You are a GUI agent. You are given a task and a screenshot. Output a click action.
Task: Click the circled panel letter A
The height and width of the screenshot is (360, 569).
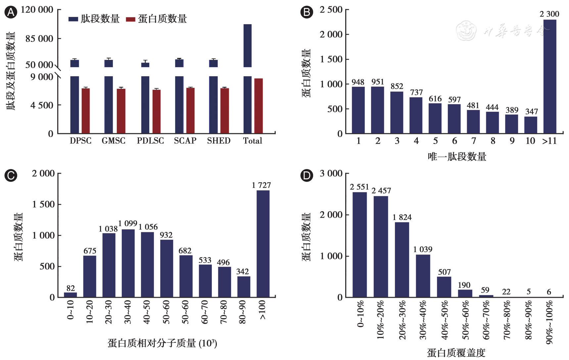(x=11, y=13)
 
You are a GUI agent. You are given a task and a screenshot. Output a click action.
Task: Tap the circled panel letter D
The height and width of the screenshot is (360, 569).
(x=307, y=175)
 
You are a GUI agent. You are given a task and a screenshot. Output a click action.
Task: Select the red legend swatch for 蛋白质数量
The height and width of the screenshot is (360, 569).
(x=131, y=19)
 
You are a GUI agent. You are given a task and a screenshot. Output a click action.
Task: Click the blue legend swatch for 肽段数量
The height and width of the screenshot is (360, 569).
(x=73, y=19)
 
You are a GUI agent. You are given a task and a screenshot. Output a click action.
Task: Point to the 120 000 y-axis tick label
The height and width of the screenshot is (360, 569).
(x=37, y=10)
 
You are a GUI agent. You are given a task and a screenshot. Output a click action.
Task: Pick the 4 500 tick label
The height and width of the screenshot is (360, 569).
(x=42, y=105)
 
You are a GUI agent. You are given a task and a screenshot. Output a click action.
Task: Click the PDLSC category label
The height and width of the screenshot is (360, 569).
(x=150, y=141)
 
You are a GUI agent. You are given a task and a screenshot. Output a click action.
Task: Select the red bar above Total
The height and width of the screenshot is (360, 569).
(x=259, y=106)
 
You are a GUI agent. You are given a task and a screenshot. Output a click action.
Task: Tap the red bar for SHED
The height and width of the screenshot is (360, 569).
(x=225, y=111)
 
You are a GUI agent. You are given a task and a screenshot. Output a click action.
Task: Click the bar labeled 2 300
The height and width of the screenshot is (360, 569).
(x=550, y=76)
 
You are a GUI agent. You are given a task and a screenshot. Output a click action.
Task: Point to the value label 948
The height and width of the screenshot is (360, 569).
(x=358, y=82)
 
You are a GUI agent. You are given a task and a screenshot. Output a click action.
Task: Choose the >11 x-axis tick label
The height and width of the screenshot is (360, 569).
(x=549, y=141)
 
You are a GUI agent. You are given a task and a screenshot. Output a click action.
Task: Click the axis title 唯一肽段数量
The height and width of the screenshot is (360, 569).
(x=457, y=157)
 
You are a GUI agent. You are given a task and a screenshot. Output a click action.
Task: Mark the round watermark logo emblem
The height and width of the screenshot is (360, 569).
(x=466, y=30)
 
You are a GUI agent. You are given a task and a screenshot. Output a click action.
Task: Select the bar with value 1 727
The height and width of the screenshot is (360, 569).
(x=263, y=244)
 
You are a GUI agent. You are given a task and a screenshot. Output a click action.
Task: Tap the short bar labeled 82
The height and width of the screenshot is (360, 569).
(x=70, y=294)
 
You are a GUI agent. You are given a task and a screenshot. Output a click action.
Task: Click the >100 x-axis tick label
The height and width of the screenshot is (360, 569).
(x=262, y=310)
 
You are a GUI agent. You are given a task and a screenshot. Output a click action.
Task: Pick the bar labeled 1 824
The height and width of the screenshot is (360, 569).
(x=402, y=259)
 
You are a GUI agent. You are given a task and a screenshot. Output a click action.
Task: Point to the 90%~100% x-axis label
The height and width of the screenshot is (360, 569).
(x=549, y=322)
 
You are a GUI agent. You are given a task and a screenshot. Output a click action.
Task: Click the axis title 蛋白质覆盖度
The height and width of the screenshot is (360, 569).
(x=456, y=353)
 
